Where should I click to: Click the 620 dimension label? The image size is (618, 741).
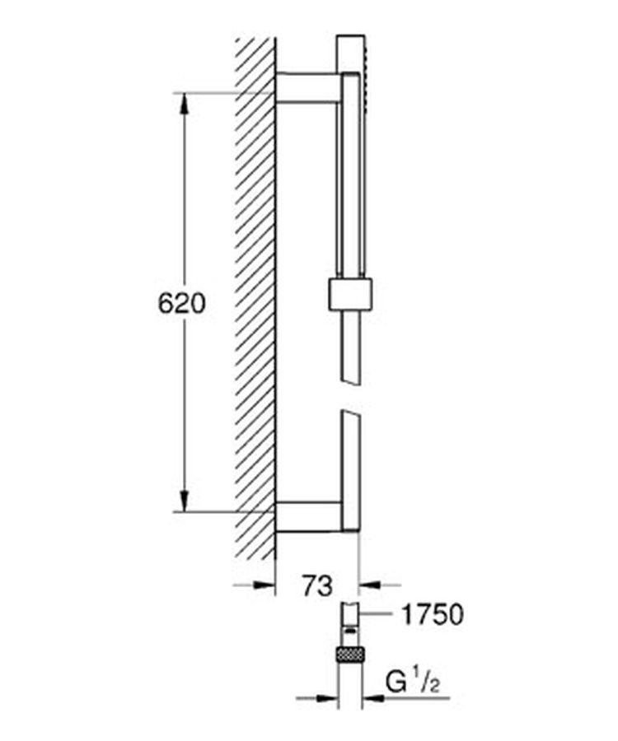[x=182, y=303]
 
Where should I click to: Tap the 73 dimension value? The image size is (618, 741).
[x=317, y=586]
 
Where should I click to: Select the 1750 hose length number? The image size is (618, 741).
[x=432, y=615]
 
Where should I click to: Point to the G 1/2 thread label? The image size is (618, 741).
[x=412, y=683]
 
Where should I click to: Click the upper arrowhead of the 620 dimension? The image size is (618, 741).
[x=184, y=104]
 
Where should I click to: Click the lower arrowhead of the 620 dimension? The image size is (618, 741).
[x=184, y=501]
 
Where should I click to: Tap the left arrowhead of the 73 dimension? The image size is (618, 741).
[x=265, y=585]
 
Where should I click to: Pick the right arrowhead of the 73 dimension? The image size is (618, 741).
[x=369, y=585]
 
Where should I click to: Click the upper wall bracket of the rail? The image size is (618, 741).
[x=307, y=87]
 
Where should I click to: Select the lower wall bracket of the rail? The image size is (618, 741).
[x=307, y=517]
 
